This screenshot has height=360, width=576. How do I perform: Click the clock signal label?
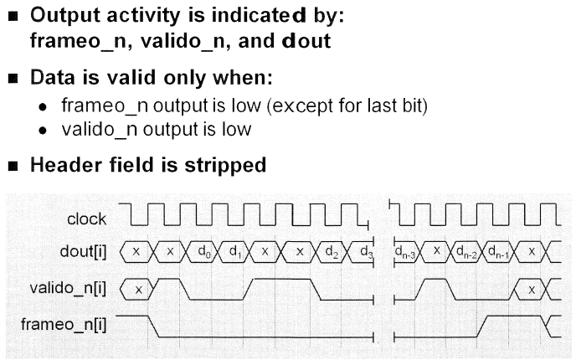pos(86,219)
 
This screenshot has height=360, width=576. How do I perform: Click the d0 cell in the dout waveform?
pos(204,250)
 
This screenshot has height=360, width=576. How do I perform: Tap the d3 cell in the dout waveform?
pos(364,250)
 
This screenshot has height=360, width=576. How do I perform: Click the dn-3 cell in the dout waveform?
pos(406,250)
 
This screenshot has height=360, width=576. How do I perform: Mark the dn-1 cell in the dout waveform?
pos(500,250)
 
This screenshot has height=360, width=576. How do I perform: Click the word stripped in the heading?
pos(221,166)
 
